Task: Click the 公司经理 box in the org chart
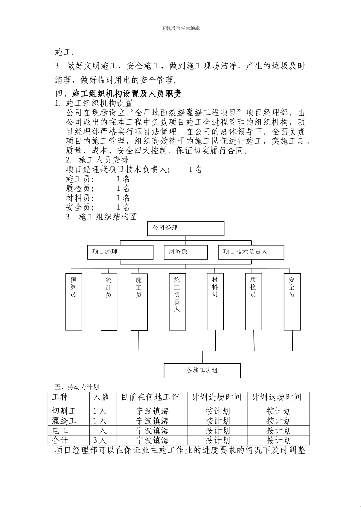(185, 229)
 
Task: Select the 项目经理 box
(120, 252)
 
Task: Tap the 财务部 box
(186, 252)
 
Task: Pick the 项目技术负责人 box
(251, 252)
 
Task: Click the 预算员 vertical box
(74, 302)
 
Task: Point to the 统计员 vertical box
(109, 302)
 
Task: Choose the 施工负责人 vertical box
(177, 302)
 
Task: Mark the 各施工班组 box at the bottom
(202, 371)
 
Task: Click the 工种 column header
(60, 397)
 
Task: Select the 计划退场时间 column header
(277, 397)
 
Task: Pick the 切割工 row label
(64, 411)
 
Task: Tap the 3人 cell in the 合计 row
(100, 440)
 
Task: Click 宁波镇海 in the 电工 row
(152, 430)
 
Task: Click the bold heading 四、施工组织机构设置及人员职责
(118, 94)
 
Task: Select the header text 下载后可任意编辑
(180, 28)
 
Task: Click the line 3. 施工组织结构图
(101, 217)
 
